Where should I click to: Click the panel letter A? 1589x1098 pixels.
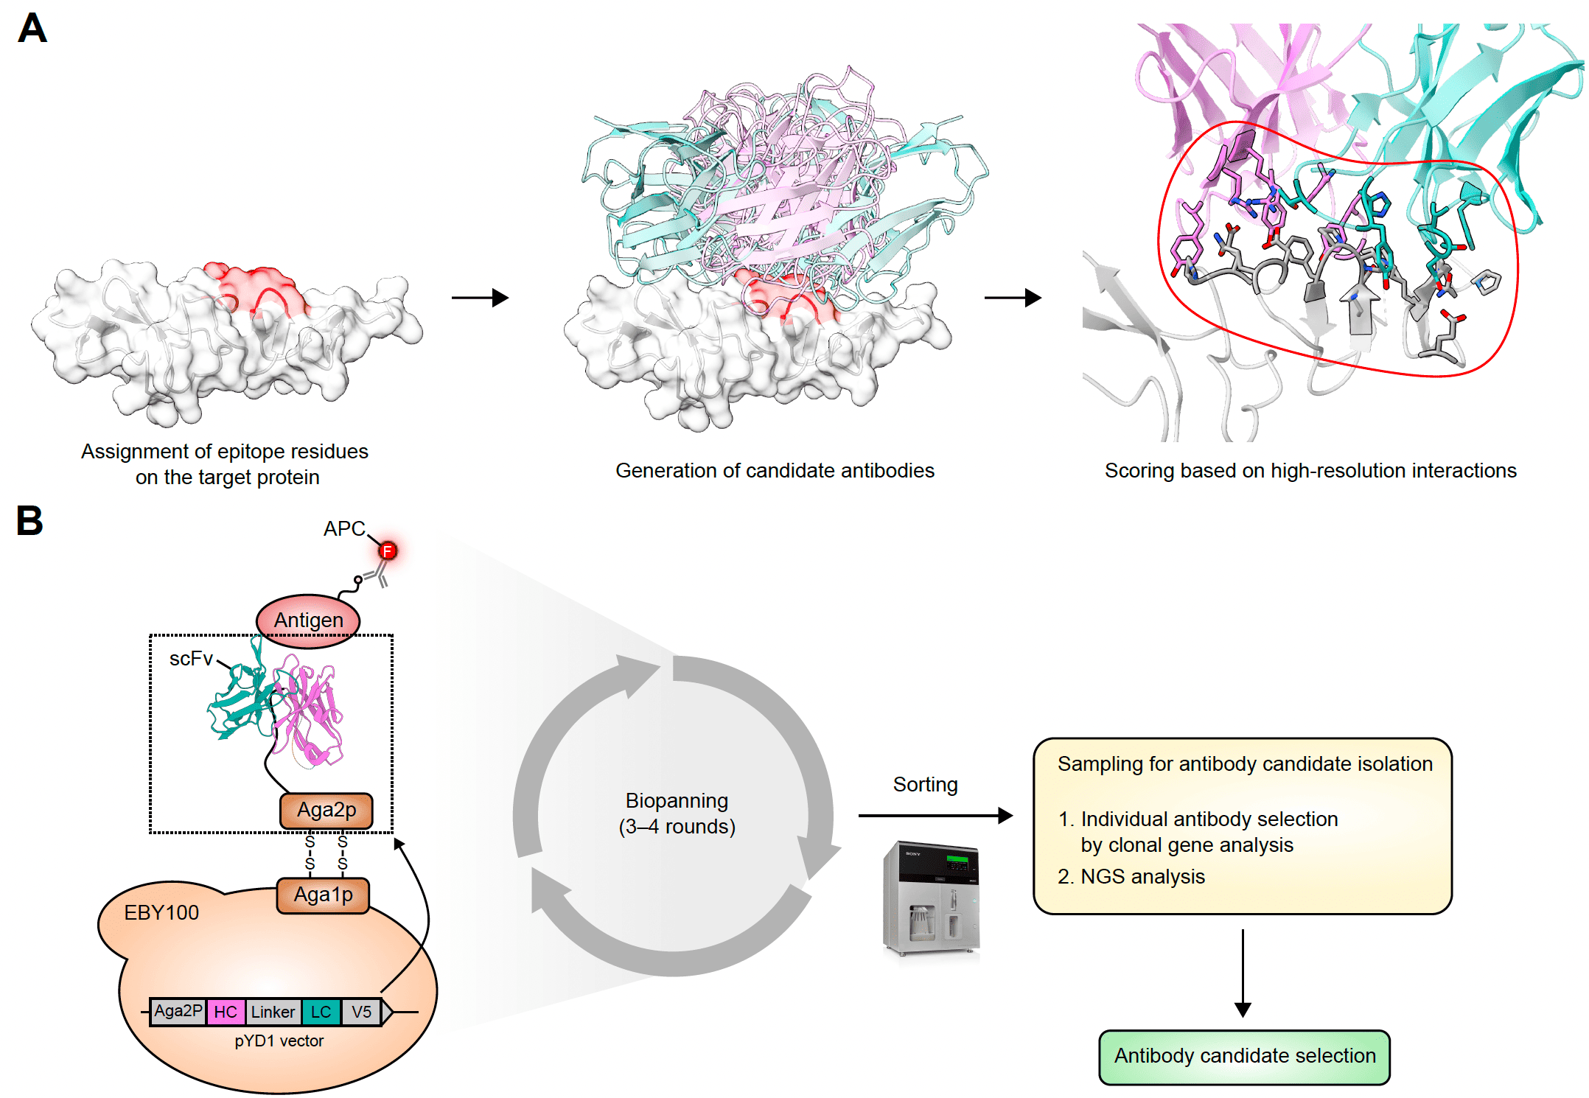click(x=32, y=29)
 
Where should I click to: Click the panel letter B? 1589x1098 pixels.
click(x=29, y=520)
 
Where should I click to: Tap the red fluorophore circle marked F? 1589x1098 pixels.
click(x=388, y=550)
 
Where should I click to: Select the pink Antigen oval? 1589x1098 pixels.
click(x=308, y=620)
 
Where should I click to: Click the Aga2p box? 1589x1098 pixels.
click(x=326, y=810)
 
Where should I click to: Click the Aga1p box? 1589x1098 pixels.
click(x=323, y=895)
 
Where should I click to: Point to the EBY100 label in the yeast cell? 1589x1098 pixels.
click(x=161, y=913)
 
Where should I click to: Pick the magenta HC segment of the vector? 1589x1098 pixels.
click(x=226, y=1012)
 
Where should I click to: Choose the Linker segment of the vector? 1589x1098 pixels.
click(x=273, y=1012)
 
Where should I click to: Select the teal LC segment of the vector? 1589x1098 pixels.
click(x=321, y=1012)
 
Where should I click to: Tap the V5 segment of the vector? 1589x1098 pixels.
click(x=361, y=1012)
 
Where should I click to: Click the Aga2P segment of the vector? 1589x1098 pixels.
click(x=178, y=1011)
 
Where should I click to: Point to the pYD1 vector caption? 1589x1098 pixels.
click(x=279, y=1041)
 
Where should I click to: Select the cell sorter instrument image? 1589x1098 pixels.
click(x=932, y=899)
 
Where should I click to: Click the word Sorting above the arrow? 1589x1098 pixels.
click(x=925, y=785)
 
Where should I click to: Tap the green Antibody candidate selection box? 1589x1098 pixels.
click(x=1244, y=1057)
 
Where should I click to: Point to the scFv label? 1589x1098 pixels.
click(x=191, y=659)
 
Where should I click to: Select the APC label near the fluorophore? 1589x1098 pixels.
click(x=344, y=528)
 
